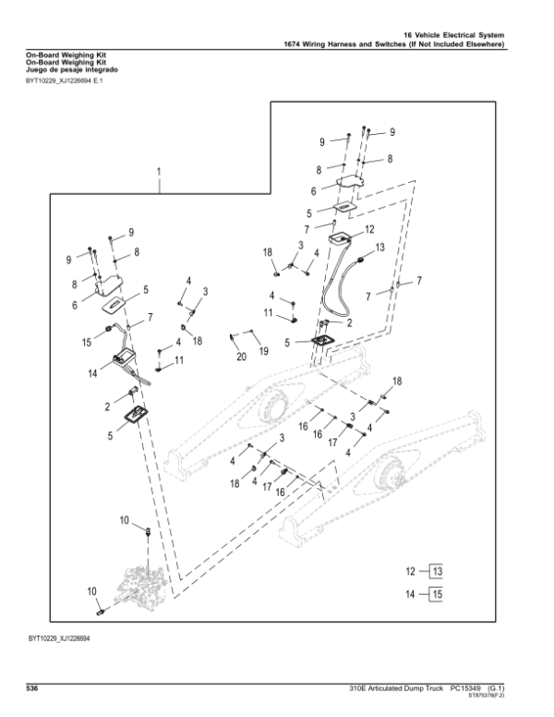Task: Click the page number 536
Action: click(32, 687)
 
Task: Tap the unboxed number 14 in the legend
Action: click(410, 595)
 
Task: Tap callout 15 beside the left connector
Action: click(86, 342)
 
